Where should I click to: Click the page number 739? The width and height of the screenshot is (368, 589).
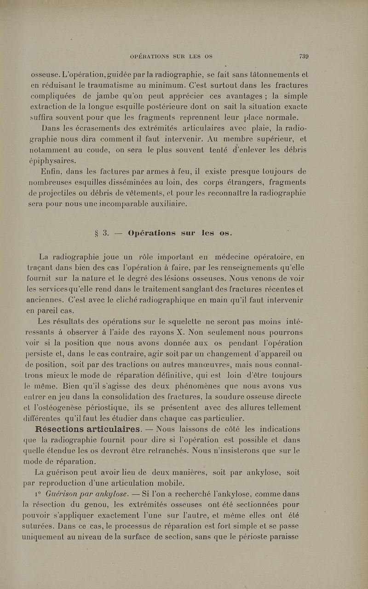click(303, 57)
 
